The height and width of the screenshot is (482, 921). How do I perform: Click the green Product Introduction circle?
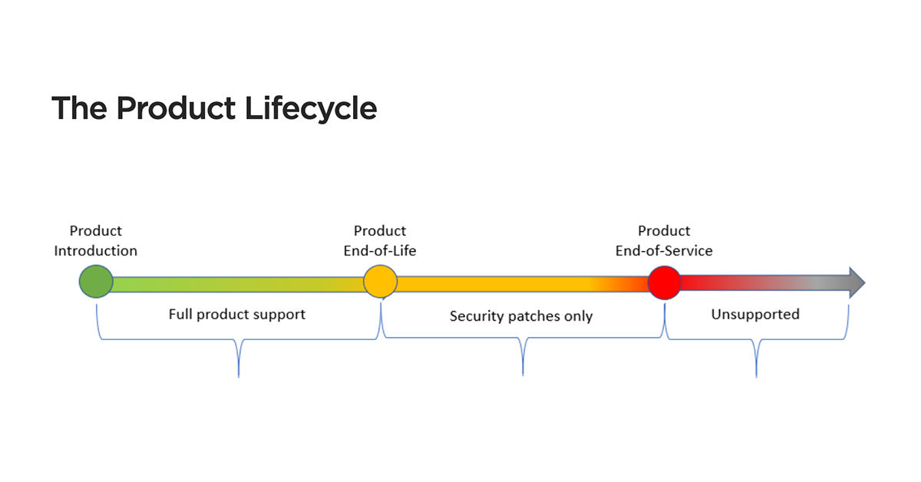tap(96, 282)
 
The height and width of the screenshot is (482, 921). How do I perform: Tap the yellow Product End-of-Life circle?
tap(380, 282)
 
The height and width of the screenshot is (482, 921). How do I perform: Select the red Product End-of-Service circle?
tap(665, 282)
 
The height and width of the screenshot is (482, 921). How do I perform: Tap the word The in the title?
tap(79, 108)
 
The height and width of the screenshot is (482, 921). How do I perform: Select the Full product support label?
tap(237, 314)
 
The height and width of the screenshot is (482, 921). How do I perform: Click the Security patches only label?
tap(521, 316)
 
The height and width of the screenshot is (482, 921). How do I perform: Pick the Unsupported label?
tap(755, 314)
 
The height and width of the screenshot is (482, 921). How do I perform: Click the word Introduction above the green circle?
tap(96, 251)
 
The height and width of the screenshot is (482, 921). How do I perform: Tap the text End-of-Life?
tap(380, 251)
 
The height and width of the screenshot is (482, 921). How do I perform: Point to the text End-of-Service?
tap(664, 251)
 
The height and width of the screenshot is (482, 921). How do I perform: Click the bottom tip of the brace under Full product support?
tap(239, 375)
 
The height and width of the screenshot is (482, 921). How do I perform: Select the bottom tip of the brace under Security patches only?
tap(523, 374)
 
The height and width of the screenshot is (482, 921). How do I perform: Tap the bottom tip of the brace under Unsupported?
tap(757, 375)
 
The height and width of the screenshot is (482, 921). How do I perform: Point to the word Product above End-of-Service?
tap(664, 231)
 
